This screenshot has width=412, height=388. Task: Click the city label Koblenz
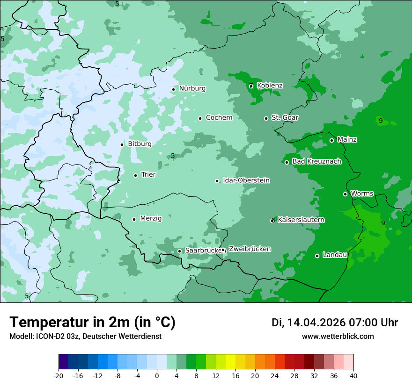270,86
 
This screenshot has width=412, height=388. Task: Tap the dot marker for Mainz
331,140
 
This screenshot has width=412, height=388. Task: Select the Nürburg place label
192,88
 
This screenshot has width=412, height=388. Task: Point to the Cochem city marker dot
200,118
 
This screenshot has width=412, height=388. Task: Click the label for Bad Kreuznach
316,162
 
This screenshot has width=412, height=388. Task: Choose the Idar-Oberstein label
246,180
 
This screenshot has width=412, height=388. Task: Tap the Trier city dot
135,175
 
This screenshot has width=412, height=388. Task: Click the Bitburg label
140,144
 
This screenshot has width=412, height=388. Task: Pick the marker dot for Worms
345,194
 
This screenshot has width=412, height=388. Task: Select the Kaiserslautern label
301,220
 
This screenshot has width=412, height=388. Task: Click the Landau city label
335,255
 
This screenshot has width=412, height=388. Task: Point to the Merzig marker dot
134,219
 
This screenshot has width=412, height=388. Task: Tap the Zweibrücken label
250,249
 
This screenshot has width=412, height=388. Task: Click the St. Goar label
285,118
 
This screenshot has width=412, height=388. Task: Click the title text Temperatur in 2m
92,322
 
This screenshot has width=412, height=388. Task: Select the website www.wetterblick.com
338,337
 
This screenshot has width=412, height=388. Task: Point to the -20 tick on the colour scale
59,375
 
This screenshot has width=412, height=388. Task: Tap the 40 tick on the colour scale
353,375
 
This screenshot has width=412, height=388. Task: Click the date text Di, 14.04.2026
309,323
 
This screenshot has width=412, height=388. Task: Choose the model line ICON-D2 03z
85,337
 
